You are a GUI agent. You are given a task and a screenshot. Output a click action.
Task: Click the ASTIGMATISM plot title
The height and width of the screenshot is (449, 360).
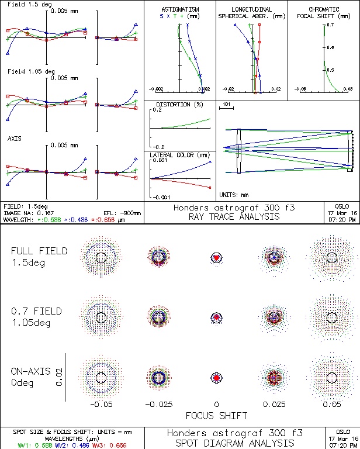[x=180, y=10]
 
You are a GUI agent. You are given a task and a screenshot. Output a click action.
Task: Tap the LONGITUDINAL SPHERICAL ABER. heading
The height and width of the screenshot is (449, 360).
[x=251, y=13]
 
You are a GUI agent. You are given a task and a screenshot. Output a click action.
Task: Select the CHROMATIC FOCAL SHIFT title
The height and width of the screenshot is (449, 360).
[x=324, y=13]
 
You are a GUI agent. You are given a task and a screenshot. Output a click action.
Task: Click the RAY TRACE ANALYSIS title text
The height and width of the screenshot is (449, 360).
[x=234, y=216]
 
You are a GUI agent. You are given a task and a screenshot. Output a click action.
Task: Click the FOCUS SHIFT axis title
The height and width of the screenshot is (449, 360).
[x=216, y=416]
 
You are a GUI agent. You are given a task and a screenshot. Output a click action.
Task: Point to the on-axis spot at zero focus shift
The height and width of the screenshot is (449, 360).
[x=216, y=378]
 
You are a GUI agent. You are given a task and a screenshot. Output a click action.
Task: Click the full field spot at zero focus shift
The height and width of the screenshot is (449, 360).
[x=216, y=257]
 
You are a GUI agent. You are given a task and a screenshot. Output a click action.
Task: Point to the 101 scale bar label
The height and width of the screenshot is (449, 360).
[x=227, y=104]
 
